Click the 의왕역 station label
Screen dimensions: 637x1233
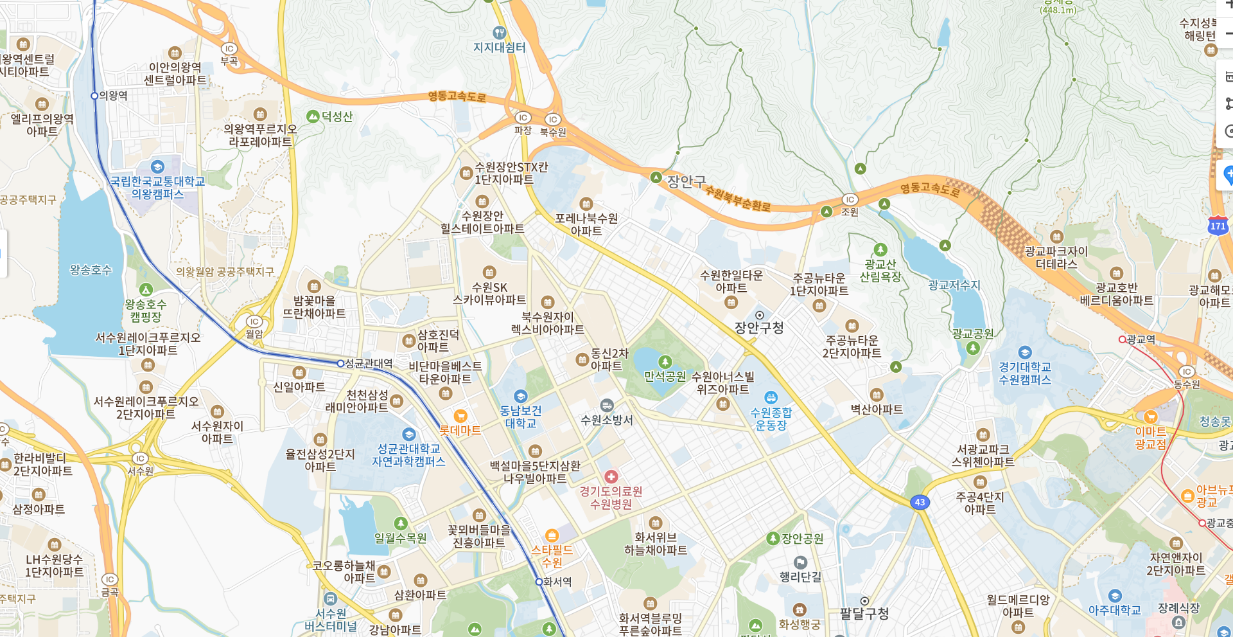point(113,96)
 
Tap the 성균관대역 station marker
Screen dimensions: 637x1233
point(340,363)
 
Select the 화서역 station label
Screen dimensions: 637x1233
point(557,582)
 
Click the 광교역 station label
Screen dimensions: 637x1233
point(1141,339)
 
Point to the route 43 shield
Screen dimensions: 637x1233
point(920,502)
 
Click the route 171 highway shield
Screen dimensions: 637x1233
point(1218,226)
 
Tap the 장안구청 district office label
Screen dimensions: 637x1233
point(759,328)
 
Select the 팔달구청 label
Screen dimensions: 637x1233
point(864,614)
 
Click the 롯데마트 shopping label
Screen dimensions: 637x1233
point(460,430)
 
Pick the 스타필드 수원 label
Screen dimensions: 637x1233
point(552,556)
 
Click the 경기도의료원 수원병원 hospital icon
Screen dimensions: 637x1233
point(611,476)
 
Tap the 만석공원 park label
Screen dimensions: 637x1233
point(665,376)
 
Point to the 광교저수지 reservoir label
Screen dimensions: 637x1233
point(954,285)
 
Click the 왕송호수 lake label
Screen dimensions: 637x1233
point(91,270)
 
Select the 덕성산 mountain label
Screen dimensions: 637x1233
point(337,116)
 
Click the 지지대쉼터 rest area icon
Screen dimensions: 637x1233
point(499,32)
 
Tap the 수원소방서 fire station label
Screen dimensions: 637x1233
point(607,420)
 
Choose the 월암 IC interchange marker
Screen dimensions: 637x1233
point(254,322)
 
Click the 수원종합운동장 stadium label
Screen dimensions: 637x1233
point(771,418)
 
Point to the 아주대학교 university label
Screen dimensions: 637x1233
point(1114,610)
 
